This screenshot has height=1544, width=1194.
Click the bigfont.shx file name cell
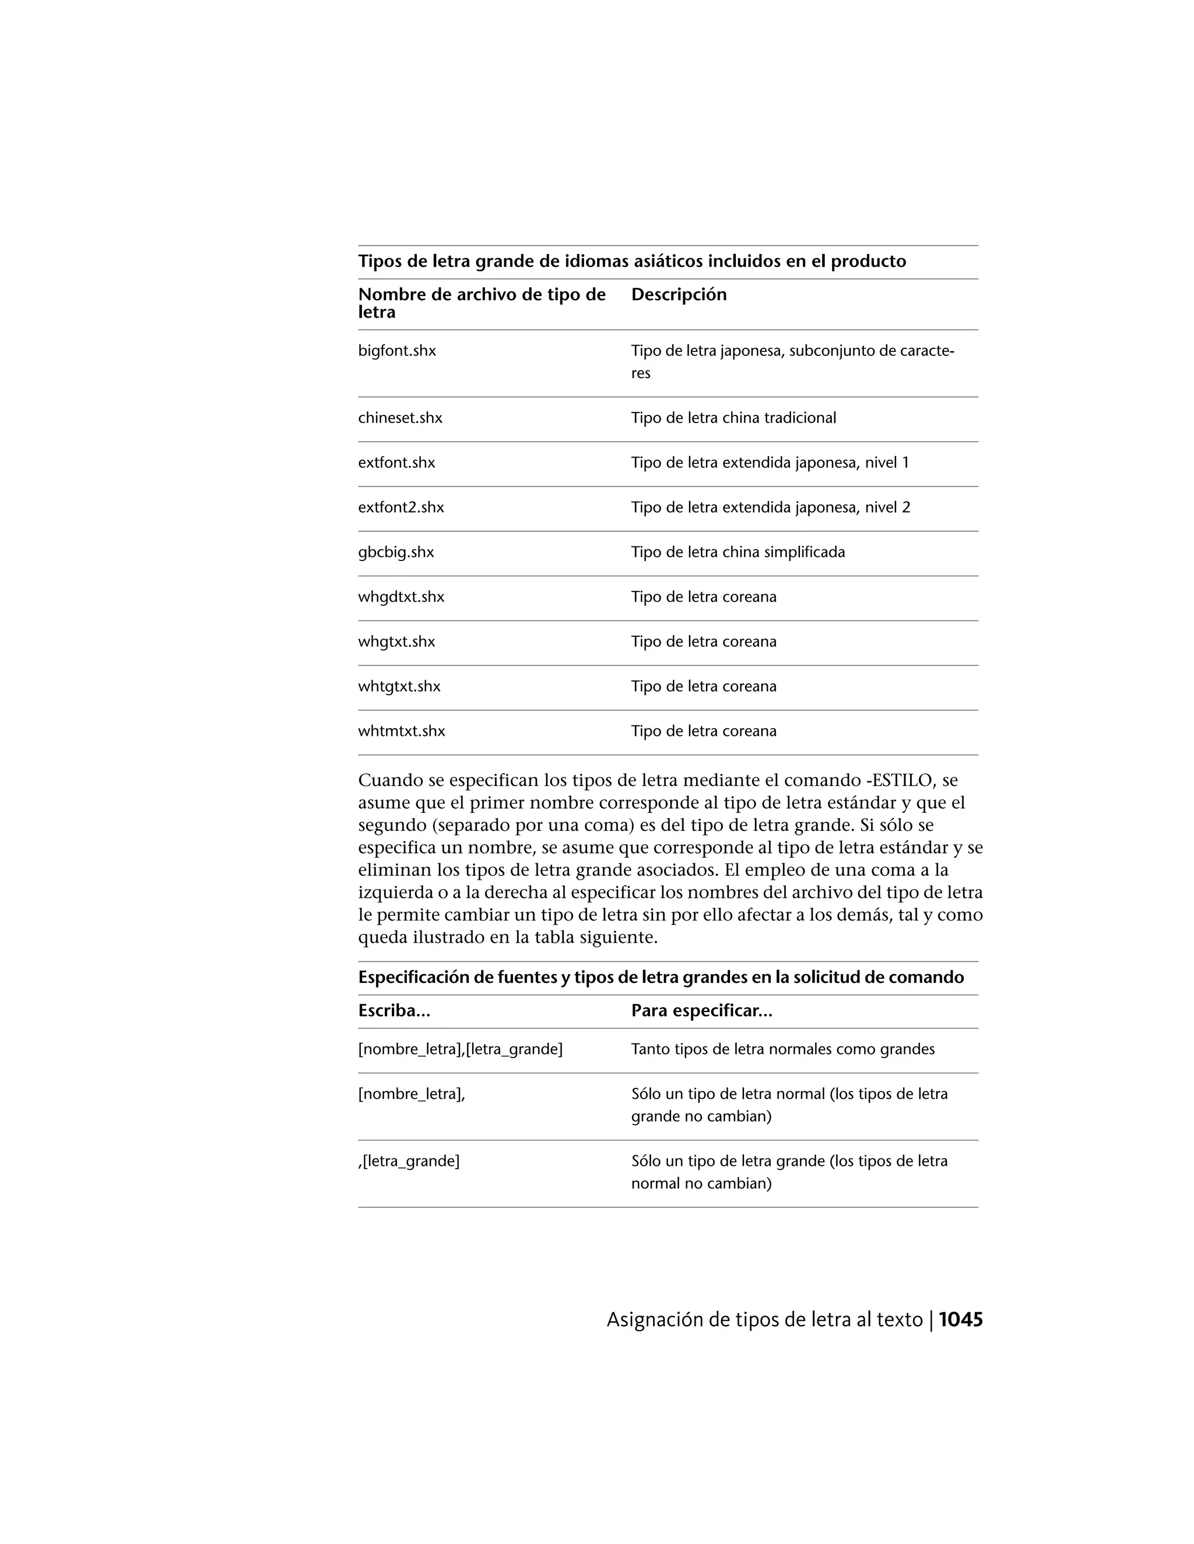click(x=397, y=351)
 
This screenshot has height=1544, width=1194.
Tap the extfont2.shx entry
click(x=401, y=507)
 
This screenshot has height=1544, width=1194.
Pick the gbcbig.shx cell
click(x=395, y=552)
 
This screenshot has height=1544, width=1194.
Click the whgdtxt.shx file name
click(x=401, y=597)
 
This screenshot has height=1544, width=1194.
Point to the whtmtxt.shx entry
click(x=401, y=731)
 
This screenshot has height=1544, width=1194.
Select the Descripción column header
click(x=679, y=295)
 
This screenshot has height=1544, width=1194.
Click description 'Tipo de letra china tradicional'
click(x=733, y=418)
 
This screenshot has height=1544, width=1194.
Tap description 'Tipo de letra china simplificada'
click(x=737, y=552)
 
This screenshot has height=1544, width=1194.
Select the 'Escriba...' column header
click(x=394, y=1011)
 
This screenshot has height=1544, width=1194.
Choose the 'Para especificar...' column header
click(x=701, y=1011)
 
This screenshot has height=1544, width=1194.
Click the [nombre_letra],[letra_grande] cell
click(x=460, y=1049)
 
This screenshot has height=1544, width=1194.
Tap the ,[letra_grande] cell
click(x=409, y=1161)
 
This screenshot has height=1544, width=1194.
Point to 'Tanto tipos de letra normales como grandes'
click(x=782, y=1049)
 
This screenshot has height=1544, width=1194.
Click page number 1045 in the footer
click(x=961, y=1319)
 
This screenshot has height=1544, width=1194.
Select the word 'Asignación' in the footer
click(x=651, y=1320)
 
